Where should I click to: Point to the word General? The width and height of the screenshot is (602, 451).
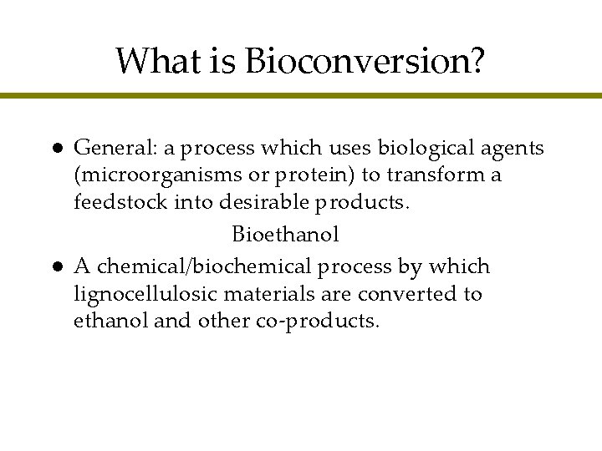[x=111, y=149]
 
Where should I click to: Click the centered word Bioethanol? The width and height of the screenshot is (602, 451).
[x=285, y=235]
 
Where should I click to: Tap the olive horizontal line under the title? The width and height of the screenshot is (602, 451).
[x=301, y=96]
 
